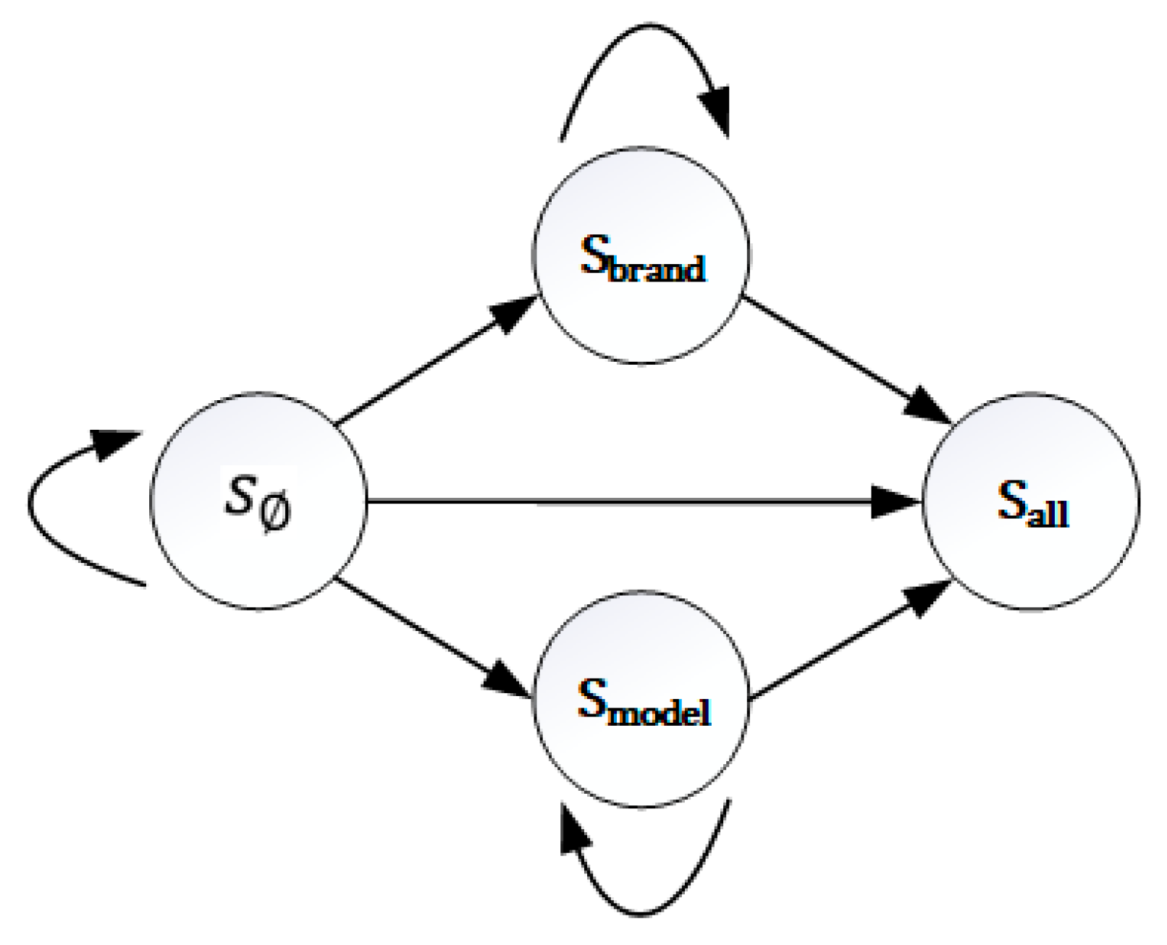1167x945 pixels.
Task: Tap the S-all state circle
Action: [x=1031, y=557]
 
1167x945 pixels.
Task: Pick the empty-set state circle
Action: [x=258, y=557]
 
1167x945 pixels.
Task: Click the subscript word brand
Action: [x=657, y=269]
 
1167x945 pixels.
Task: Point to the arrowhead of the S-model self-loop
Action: [x=573, y=832]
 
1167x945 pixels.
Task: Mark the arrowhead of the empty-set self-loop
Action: [x=116, y=441]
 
